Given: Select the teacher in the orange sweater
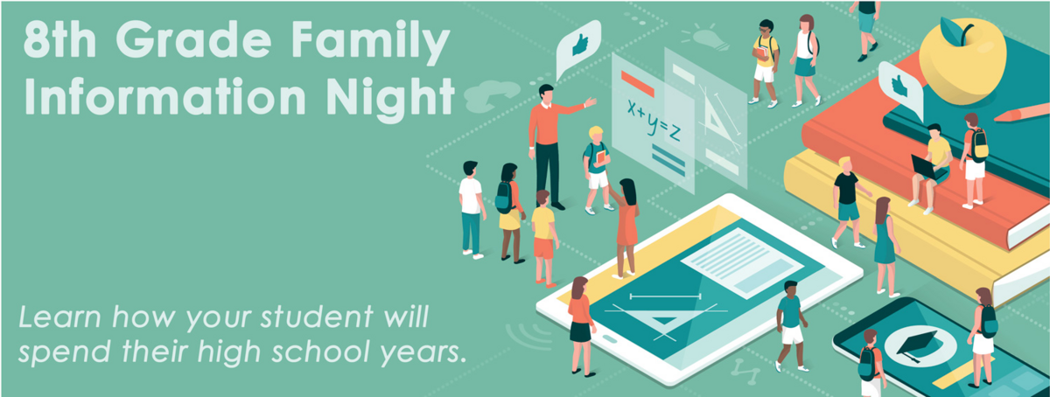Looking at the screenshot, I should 547,140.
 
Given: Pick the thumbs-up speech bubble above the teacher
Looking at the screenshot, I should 578,44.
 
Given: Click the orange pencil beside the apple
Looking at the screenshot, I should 1020,112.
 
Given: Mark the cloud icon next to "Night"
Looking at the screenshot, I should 483,96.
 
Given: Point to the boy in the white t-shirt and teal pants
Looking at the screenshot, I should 471,208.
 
